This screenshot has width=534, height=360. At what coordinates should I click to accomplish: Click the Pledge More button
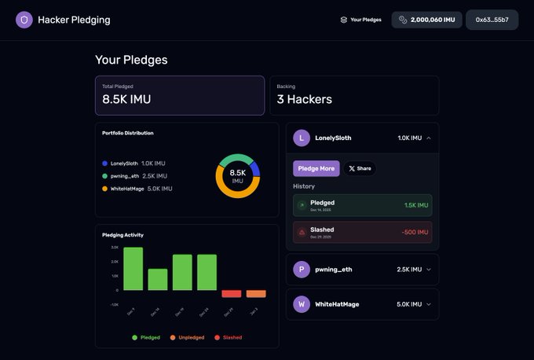click(316, 168)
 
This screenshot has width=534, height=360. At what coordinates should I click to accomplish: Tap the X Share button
click(360, 168)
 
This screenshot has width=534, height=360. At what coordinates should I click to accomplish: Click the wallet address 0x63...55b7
click(492, 20)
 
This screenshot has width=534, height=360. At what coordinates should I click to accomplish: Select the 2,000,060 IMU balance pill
click(426, 20)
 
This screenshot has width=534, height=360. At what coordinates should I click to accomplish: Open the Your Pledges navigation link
click(360, 20)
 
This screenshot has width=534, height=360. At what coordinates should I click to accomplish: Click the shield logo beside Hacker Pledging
click(24, 20)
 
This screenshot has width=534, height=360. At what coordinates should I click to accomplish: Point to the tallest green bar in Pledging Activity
click(133, 269)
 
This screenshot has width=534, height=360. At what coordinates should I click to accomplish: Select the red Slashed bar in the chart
click(231, 293)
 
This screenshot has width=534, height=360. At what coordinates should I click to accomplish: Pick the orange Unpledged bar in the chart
click(256, 293)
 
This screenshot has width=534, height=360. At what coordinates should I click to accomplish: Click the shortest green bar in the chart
click(157, 279)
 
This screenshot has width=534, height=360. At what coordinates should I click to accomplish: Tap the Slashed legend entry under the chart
click(228, 337)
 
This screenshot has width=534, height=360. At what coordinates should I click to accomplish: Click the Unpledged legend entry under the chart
click(186, 337)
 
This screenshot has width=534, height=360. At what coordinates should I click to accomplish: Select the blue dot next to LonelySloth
click(104, 163)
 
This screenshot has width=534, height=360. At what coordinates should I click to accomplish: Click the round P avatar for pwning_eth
click(302, 270)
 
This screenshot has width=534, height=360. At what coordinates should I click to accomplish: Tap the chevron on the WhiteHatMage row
click(428, 303)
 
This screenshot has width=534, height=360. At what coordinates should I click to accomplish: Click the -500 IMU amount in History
click(415, 232)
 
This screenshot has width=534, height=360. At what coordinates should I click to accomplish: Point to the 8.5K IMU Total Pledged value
click(126, 100)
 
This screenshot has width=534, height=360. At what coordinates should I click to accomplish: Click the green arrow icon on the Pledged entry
click(302, 205)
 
